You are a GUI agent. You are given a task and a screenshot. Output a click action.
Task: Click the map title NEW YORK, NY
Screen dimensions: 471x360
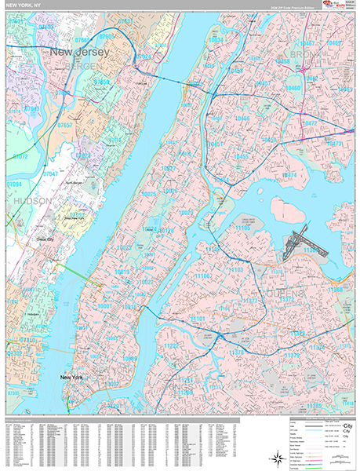tap(29, 5)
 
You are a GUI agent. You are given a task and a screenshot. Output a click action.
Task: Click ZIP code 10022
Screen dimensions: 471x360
tap(146, 282)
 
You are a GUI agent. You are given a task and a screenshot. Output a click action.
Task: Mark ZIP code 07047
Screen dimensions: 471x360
tap(50, 173)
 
